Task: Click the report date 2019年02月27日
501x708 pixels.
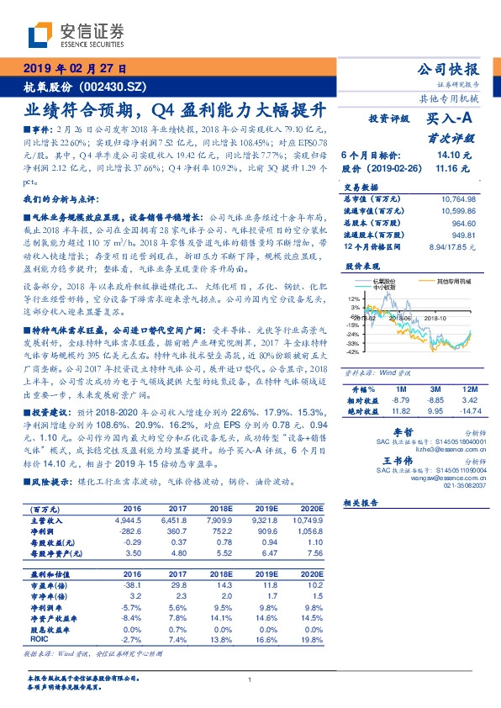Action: (x=75, y=69)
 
